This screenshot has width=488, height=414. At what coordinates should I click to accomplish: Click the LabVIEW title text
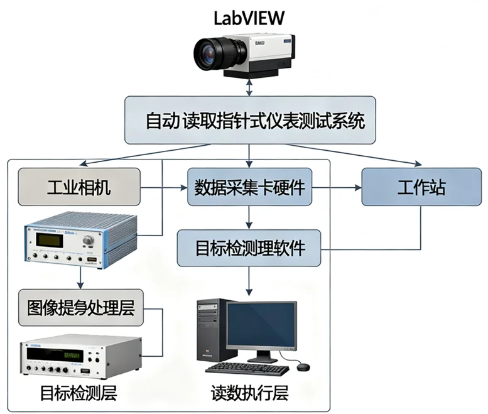coord(249,17)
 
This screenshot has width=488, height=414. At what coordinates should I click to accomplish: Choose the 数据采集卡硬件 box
coord(250,187)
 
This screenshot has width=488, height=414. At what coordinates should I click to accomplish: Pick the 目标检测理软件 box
coord(249,248)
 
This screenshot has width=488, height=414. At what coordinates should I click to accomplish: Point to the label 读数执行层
coord(249,393)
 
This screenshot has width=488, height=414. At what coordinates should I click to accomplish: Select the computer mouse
coord(303,366)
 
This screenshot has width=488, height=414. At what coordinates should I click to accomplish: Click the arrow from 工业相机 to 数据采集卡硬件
coord(163,187)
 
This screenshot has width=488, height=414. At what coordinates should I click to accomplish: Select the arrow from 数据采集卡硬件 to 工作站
coord(337,187)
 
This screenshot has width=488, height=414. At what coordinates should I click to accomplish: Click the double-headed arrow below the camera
coord(250,87)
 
